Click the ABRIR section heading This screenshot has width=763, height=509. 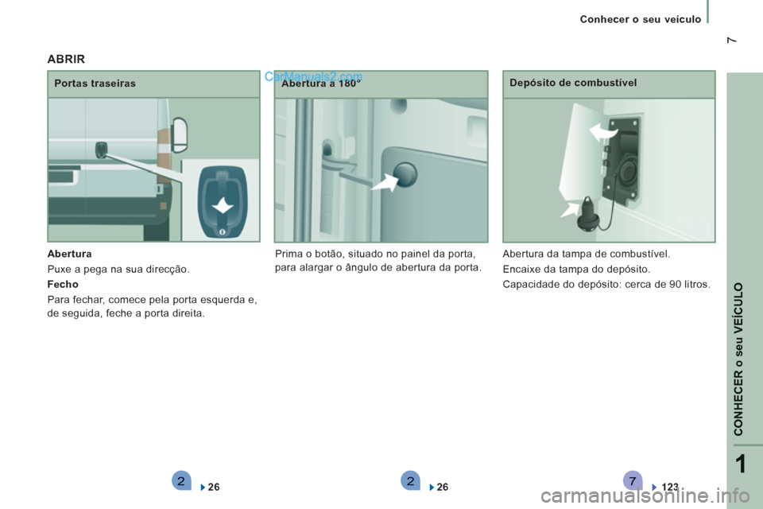[x=66, y=59]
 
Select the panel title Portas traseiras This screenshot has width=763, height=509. [x=95, y=84]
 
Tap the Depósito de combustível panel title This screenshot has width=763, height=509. [x=573, y=83]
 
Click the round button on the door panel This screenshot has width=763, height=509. [x=405, y=174]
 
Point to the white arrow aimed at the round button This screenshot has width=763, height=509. [x=385, y=183]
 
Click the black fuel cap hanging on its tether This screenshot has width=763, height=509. [x=588, y=215]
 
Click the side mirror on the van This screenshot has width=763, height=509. [x=180, y=134]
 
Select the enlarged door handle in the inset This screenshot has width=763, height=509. [x=223, y=202]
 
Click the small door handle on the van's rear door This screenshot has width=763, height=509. [x=101, y=150]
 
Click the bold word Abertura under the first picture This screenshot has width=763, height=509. [x=70, y=254]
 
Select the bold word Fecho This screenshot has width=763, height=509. [x=63, y=284]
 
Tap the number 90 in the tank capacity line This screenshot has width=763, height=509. [x=675, y=284]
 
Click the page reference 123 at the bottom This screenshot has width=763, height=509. [x=670, y=487]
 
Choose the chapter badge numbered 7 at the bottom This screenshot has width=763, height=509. [x=632, y=481]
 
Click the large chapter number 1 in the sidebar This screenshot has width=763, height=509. [x=740, y=464]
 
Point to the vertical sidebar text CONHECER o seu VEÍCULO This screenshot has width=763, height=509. [x=738, y=359]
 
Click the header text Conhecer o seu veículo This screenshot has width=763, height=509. [x=641, y=19]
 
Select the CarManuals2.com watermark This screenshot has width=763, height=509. [x=313, y=76]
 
